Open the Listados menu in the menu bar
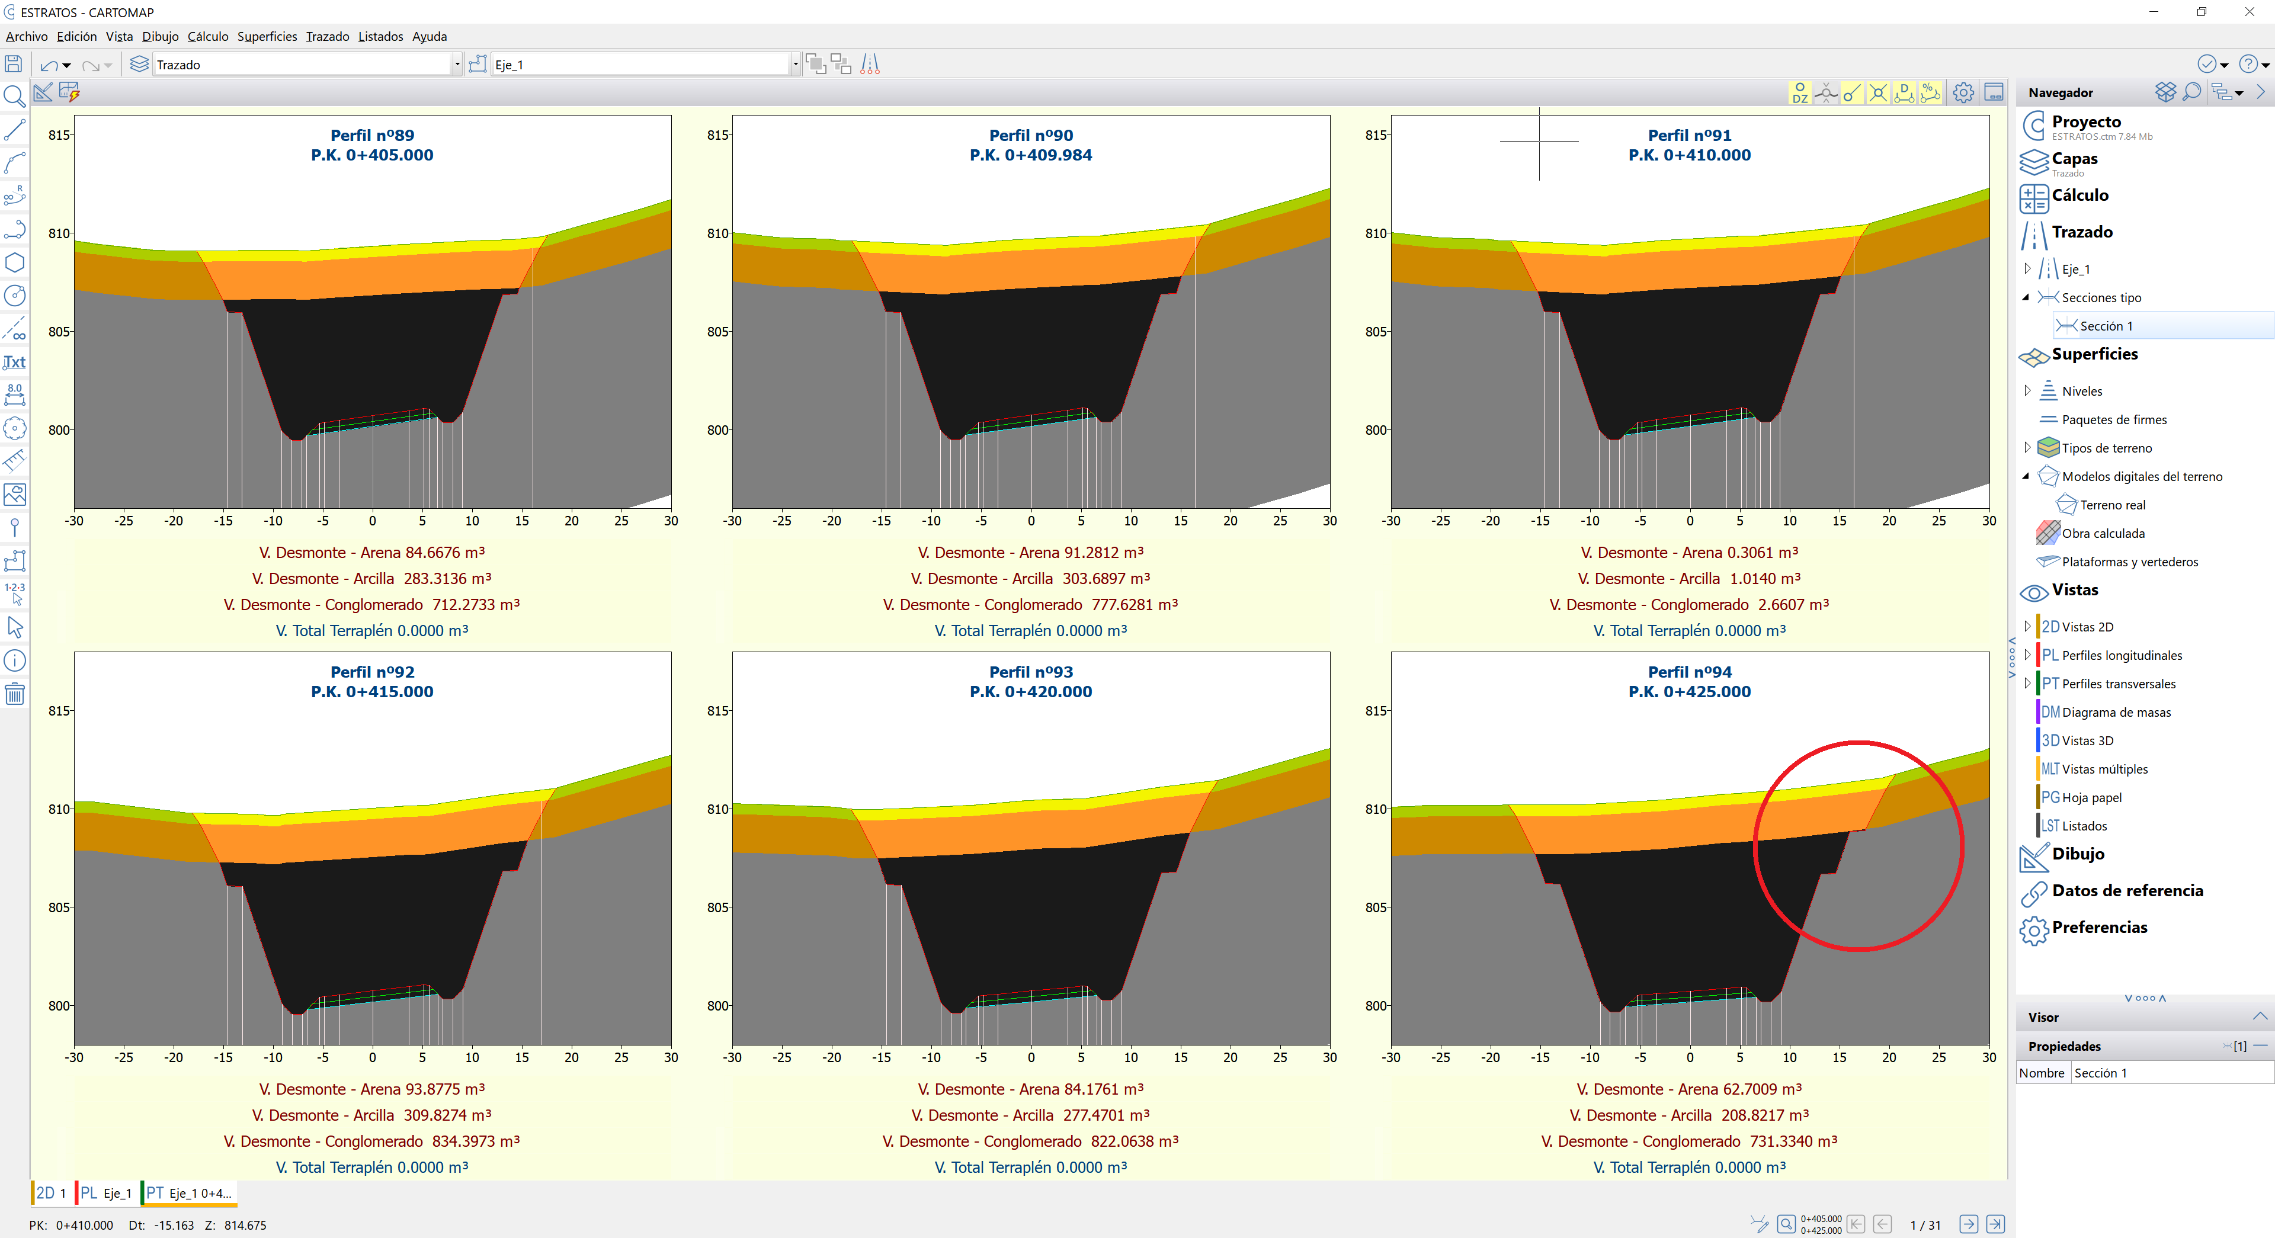(380, 36)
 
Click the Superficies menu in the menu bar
(267, 36)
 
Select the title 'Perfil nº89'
(372, 135)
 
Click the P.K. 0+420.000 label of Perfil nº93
(1031, 691)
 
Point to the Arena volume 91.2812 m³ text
(1030, 553)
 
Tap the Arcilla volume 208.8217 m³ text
(1688, 1115)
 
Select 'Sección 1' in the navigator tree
(2106, 326)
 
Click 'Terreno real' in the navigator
(2111, 505)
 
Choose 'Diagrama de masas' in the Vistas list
(2115, 713)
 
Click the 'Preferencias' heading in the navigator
(2098, 927)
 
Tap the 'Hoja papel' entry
(2090, 797)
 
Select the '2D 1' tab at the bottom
(51, 1193)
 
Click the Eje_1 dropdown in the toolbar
(645, 65)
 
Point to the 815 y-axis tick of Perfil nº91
(1375, 135)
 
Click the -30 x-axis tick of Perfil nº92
(74, 1057)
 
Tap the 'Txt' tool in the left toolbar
(14, 362)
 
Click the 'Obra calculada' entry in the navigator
(2103, 533)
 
